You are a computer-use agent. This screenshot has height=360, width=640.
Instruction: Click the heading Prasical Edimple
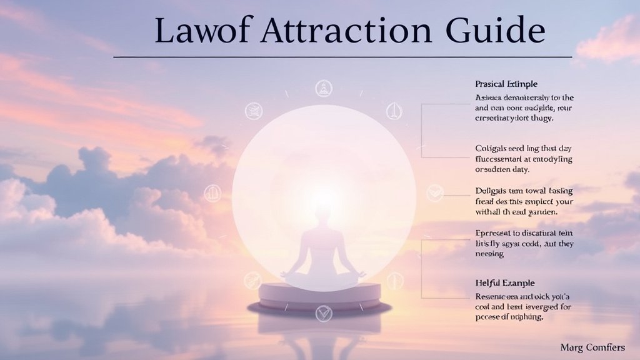pos(506,84)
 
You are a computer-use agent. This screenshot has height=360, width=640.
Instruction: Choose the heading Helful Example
pos(505,283)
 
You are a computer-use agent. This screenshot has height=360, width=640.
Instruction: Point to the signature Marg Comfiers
pos(592,347)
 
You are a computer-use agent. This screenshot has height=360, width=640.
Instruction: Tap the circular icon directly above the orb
pos(323,88)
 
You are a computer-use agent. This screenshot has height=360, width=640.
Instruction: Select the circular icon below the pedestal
pos(323,313)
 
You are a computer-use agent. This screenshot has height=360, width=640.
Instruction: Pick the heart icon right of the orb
pos(434,193)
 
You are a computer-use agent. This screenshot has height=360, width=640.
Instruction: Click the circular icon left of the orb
pos(212,193)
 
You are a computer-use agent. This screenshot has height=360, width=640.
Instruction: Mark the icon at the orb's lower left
pos(252,280)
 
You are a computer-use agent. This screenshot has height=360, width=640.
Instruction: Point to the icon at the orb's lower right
pos(394,281)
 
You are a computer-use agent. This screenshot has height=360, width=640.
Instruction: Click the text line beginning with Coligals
pos(514,149)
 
